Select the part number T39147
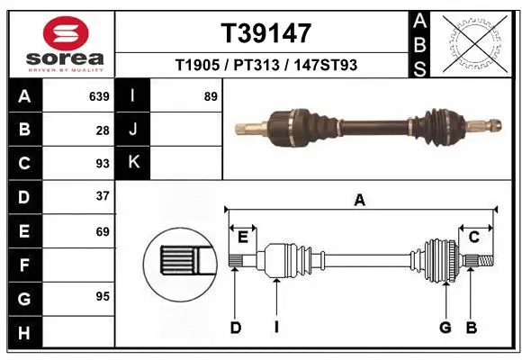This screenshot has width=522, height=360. (265, 33)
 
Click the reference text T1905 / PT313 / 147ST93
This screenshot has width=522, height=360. (265, 65)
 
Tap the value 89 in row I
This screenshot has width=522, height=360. (211, 96)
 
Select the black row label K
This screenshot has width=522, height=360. (133, 163)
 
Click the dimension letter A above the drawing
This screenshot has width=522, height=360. (359, 201)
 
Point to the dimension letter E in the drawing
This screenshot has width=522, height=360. (243, 236)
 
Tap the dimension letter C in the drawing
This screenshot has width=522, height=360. (473, 236)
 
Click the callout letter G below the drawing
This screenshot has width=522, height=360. (445, 328)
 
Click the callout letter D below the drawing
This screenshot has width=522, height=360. (235, 328)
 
